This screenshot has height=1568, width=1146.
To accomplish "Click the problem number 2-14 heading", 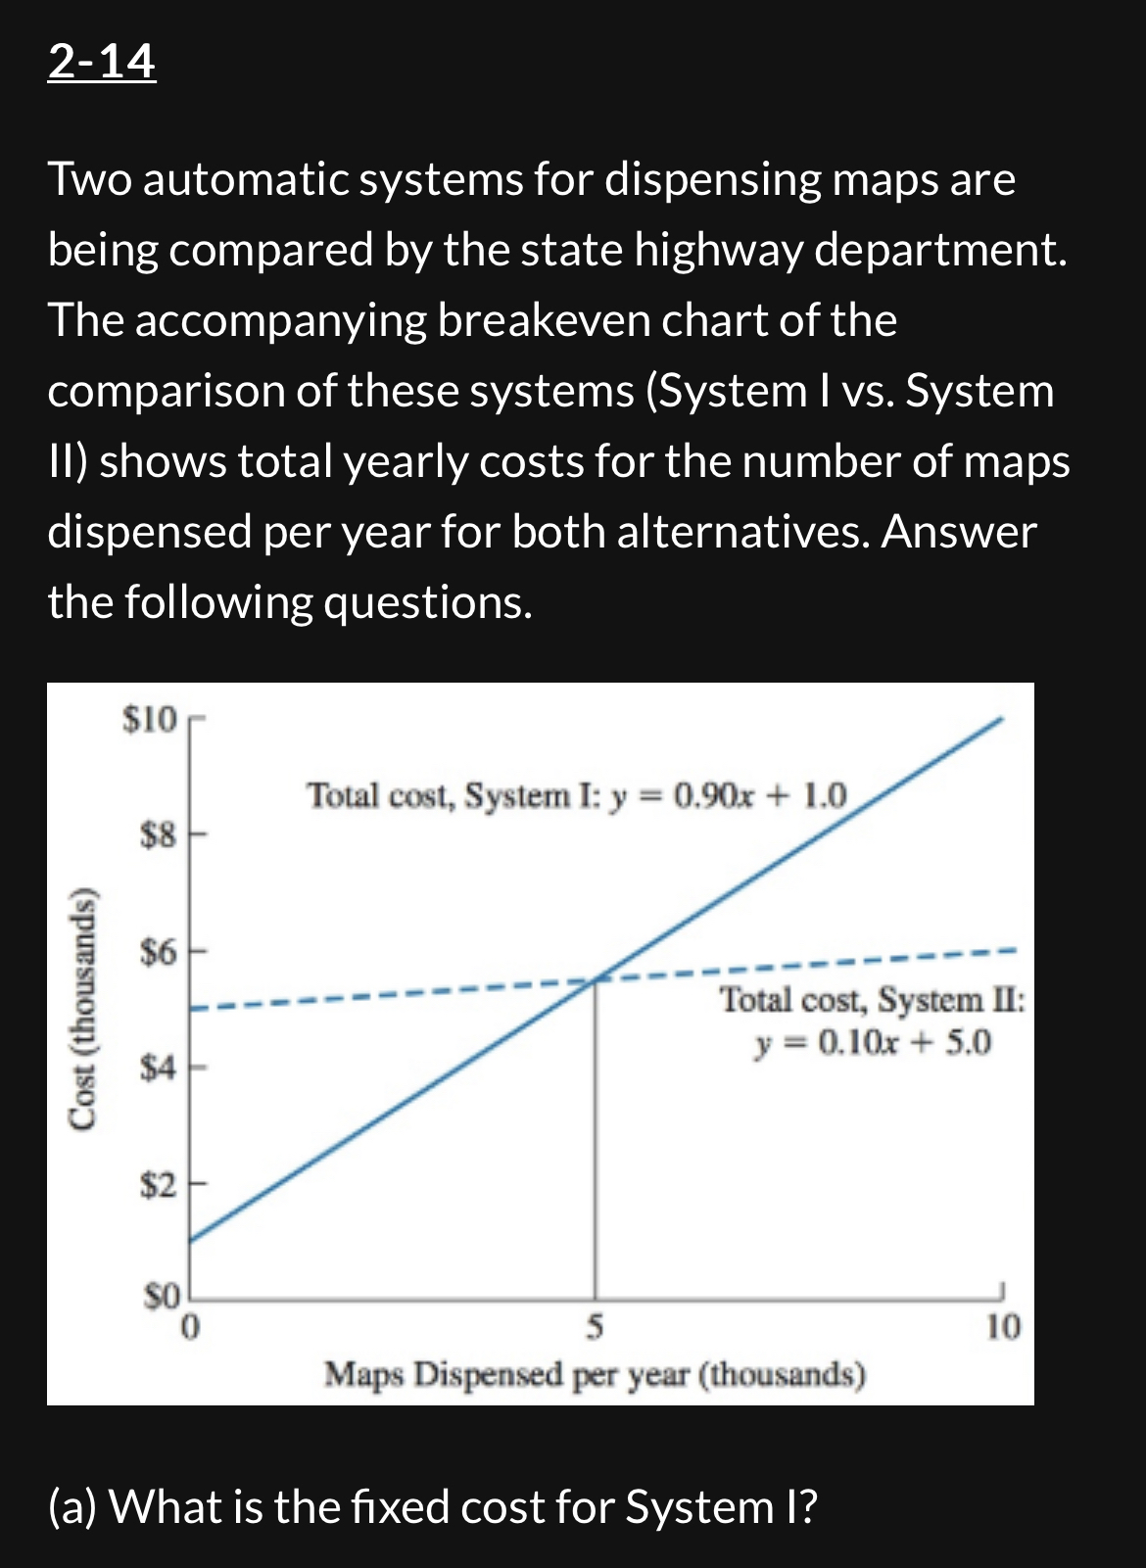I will [x=101, y=62].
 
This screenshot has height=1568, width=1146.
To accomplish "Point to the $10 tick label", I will [x=149, y=720].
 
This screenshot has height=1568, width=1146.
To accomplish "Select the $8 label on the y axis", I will [x=158, y=835].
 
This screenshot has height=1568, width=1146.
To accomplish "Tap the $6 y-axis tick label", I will [x=158, y=951].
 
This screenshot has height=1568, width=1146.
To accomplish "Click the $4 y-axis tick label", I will [x=158, y=1068].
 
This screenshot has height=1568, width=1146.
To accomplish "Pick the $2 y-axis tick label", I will [x=158, y=1185].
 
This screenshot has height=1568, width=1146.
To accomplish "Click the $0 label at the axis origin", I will [x=163, y=1297].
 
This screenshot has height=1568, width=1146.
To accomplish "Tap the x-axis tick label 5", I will [x=595, y=1328].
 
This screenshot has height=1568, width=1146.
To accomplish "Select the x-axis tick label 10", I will [x=1002, y=1328].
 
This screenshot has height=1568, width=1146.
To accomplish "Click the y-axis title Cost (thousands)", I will [x=85, y=1009].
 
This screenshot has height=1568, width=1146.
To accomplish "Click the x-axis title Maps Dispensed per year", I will [x=595, y=1374].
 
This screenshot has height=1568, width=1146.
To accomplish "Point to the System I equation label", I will [x=578, y=795].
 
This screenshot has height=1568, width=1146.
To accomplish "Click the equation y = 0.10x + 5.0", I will [x=873, y=1042].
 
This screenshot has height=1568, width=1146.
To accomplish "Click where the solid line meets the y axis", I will [x=190, y=1241].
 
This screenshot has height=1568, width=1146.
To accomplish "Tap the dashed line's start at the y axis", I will [x=192, y=1009].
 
